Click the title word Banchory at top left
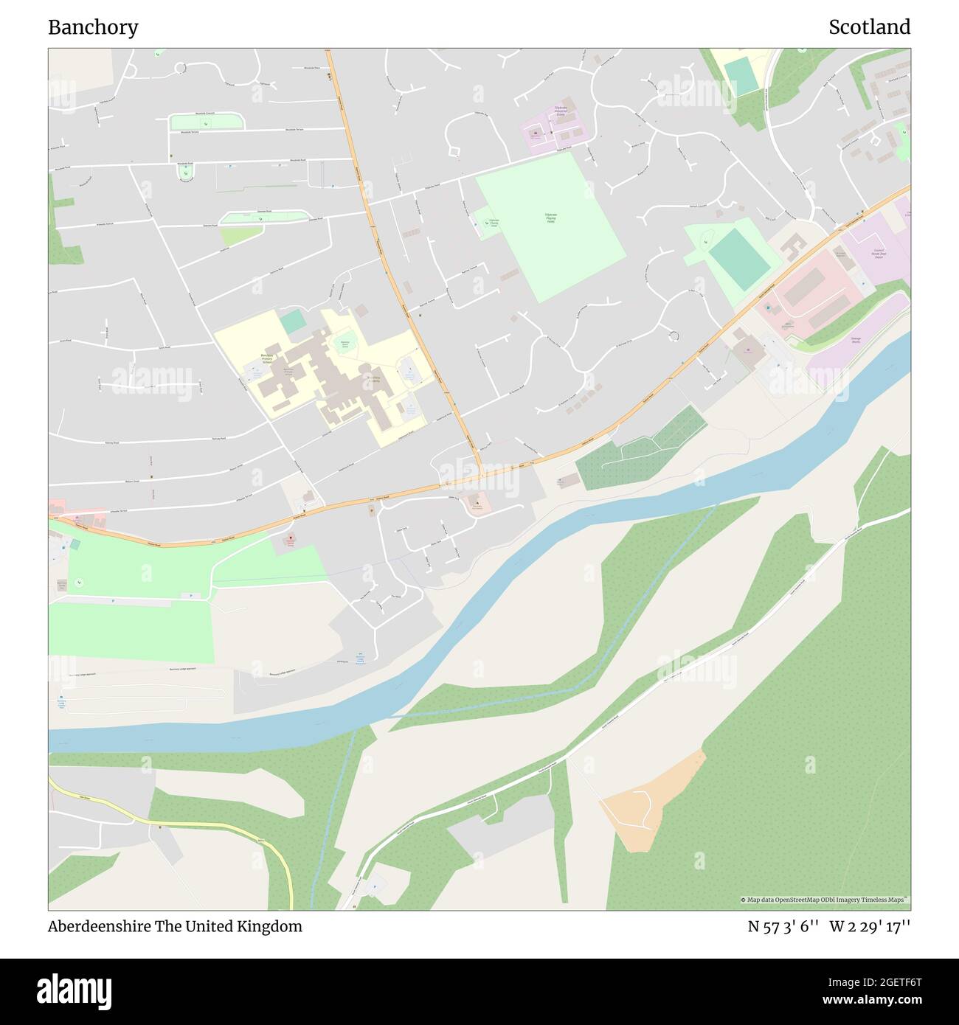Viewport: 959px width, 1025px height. tap(93, 27)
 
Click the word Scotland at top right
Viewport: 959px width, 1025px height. tap(869, 27)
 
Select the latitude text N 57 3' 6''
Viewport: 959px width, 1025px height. tap(783, 926)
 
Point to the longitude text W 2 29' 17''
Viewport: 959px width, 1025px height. tap(870, 926)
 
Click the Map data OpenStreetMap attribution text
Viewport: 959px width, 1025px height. tap(825, 900)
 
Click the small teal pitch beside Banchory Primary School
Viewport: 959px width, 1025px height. tap(291, 322)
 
